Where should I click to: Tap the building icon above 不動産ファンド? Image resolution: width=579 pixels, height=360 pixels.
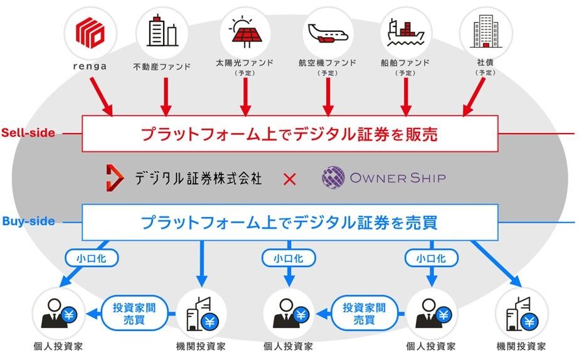click(x=162, y=31)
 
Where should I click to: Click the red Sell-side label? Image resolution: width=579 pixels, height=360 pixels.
click(x=28, y=132)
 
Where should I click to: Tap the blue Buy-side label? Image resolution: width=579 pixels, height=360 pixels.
click(x=28, y=221)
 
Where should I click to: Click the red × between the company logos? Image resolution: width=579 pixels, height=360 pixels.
click(x=289, y=179)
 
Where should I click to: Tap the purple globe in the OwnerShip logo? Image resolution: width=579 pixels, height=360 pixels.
click(x=333, y=177)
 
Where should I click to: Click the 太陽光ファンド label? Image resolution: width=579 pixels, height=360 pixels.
click(x=244, y=63)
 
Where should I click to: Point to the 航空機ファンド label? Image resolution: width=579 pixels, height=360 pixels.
click(x=327, y=63)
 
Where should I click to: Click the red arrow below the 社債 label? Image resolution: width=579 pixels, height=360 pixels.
click(x=474, y=98)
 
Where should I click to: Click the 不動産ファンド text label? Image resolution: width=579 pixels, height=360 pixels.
click(x=162, y=65)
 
